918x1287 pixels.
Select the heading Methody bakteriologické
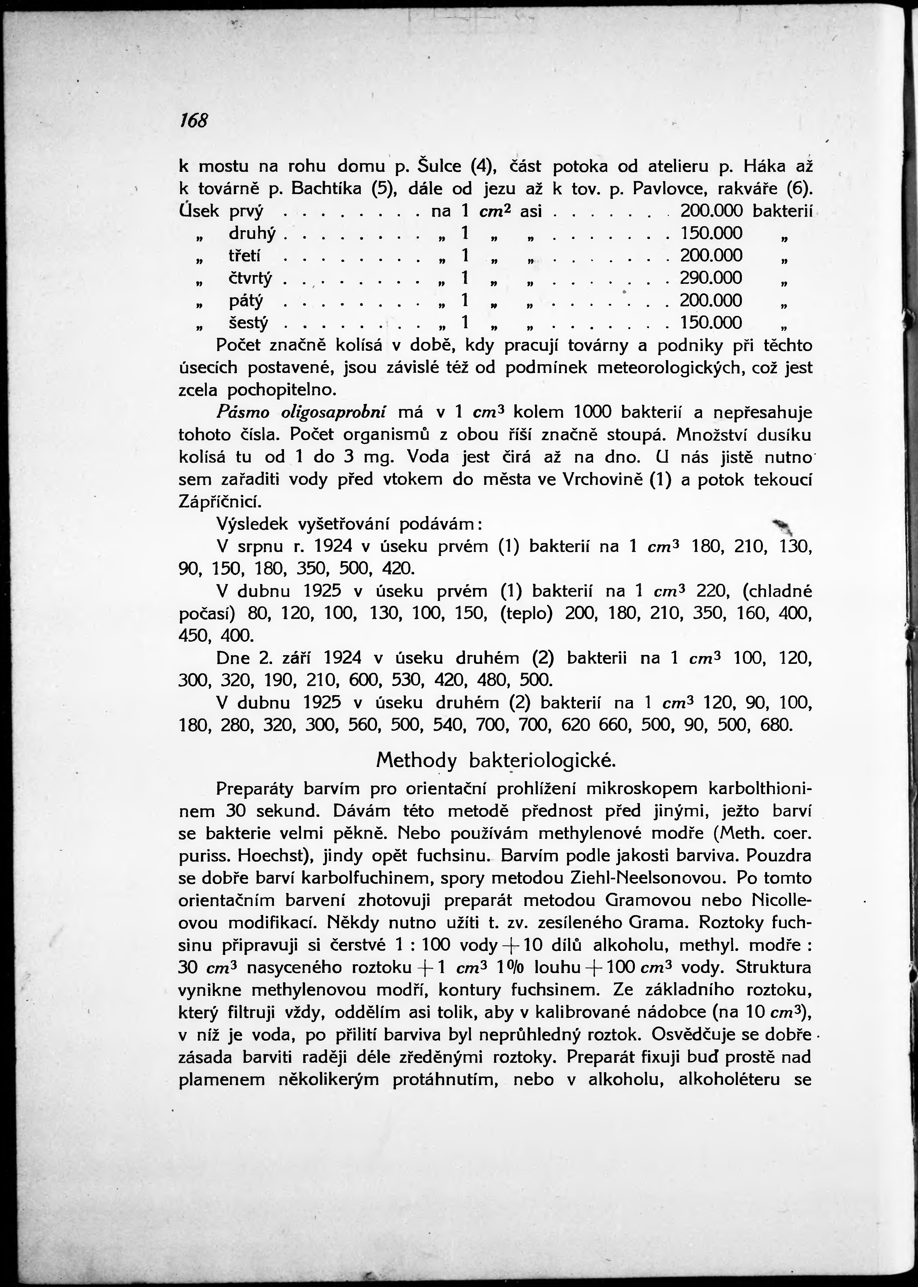pyautogui.click(x=495, y=760)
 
